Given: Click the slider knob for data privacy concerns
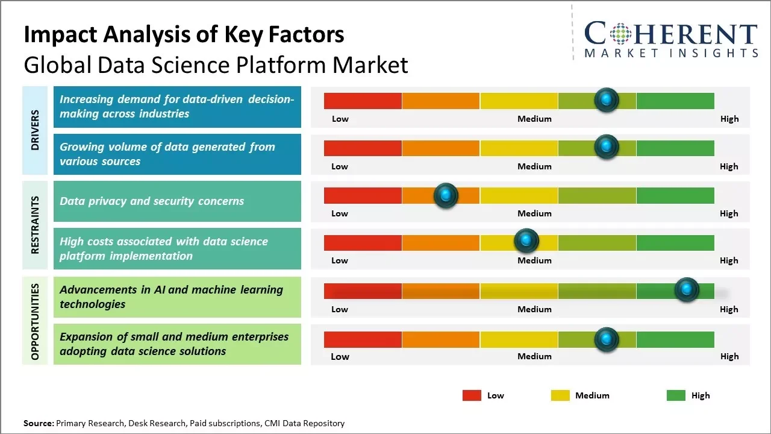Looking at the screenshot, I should pyautogui.click(x=446, y=195).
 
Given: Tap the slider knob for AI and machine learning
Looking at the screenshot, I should pyautogui.click(x=686, y=290).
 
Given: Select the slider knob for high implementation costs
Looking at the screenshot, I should pyautogui.click(x=526, y=241).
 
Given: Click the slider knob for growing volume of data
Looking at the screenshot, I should pyautogui.click(x=606, y=146).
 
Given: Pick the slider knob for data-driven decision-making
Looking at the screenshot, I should pyautogui.click(x=606, y=99).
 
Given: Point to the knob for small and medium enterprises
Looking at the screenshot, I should pyautogui.click(x=606, y=339).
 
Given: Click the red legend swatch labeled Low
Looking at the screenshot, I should pyautogui.click(x=472, y=395).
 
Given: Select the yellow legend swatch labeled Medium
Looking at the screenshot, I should pyautogui.click(x=560, y=395).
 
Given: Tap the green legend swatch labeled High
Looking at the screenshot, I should pyautogui.click(x=676, y=395).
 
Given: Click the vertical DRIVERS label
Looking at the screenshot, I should pyautogui.click(x=35, y=130).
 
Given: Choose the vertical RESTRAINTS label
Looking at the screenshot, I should pyautogui.click(x=35, y=225).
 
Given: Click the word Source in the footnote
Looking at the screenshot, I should pyautogui.click(x=38, y=423).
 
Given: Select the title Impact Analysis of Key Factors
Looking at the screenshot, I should pyautogui.click(x=184, y=34).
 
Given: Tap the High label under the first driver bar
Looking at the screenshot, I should pyautogui.click(x=729, y=119).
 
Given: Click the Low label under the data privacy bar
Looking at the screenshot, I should pyautogui.click(x=340, y=213).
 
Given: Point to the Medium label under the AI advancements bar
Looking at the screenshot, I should pyautogui.click(x=534, y=309).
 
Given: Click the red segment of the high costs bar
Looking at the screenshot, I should pyautogui.click(x=363, y=243).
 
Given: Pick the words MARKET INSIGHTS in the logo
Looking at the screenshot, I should pyautogui.click(x=671, y=54).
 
